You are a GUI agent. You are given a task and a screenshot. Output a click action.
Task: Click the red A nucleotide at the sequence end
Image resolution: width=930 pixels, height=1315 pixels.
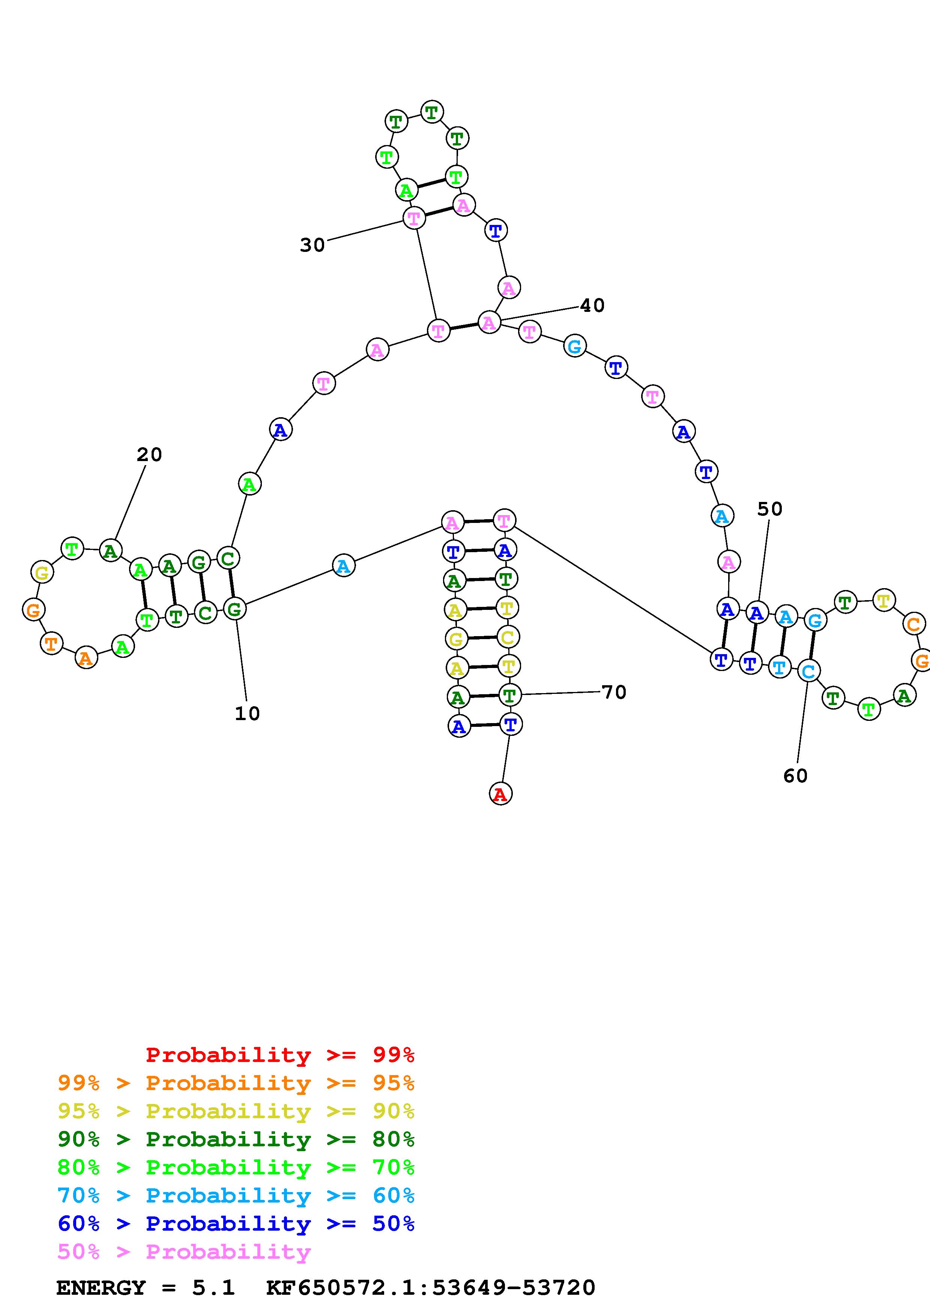coord(500,794)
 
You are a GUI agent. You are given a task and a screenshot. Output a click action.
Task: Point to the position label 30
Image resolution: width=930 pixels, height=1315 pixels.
coord(312,245)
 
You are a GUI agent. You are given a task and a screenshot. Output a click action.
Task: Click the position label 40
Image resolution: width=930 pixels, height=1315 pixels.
coord(592,306)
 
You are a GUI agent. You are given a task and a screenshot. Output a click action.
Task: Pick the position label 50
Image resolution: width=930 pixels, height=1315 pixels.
coord(769,509)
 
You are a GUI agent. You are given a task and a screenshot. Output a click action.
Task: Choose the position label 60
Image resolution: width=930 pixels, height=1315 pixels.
coord(795,776)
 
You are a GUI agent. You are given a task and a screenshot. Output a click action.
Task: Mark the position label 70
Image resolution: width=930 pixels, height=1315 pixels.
coord(614,692)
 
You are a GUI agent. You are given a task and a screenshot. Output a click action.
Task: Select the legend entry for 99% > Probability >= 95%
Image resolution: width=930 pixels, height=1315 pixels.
coord(236,1083)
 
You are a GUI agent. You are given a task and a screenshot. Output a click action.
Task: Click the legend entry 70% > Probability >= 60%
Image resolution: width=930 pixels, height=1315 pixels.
coord(236,1195)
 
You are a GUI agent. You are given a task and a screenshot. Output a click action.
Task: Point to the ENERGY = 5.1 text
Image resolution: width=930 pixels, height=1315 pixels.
coord(146,1288)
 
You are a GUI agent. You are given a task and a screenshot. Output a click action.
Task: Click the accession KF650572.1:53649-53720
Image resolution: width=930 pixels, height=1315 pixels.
coord(431,1288)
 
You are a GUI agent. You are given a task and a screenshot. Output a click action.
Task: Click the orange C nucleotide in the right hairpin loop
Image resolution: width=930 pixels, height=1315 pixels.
coord(914,624)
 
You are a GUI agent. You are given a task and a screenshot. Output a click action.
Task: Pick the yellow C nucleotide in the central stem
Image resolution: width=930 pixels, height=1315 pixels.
coord(508,637)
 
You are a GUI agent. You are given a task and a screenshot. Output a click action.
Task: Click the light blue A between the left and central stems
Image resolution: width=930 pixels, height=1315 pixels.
coord(343,566)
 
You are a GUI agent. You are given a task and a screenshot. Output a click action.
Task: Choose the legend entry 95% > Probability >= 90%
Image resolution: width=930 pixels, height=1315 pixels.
coord(236,1111)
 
